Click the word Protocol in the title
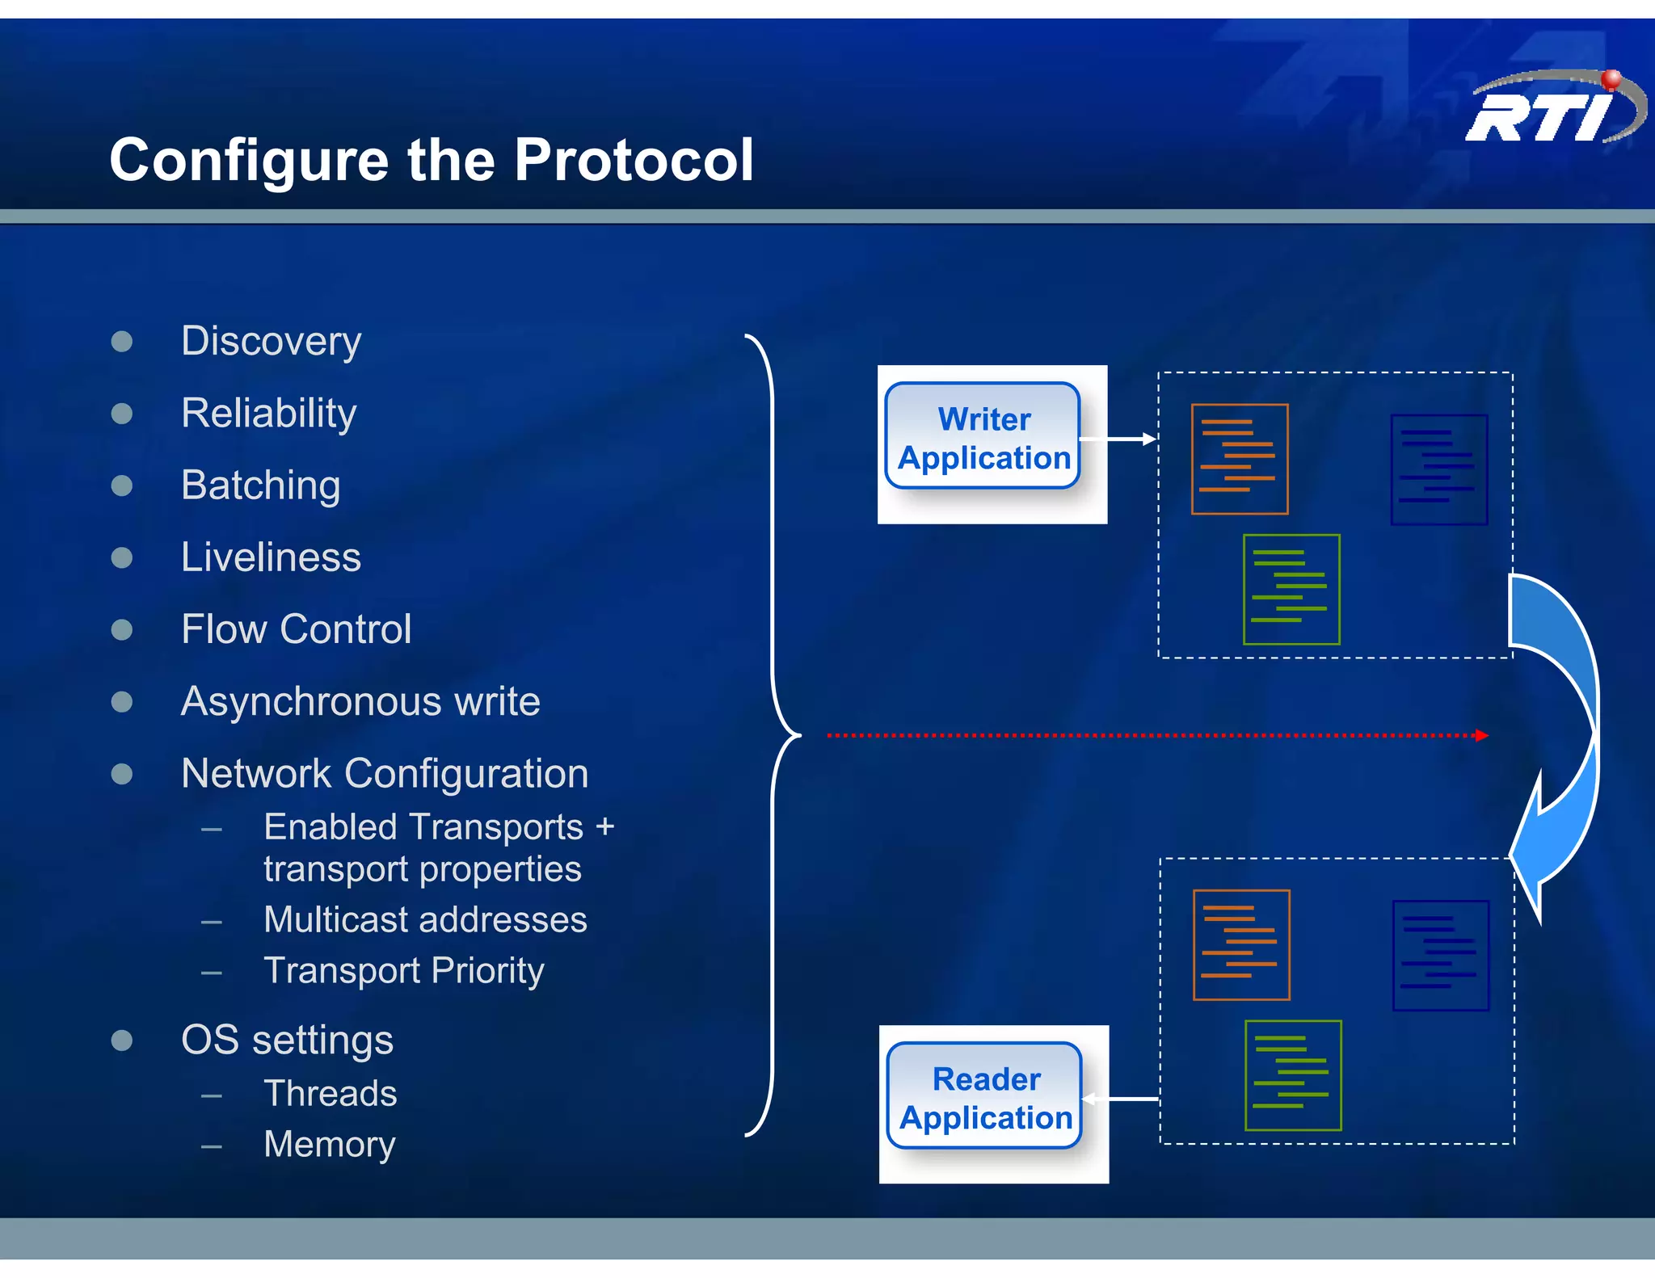click(x=634, y=160)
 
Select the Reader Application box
click(x=984, y=1097)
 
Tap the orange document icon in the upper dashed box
click(x=1239, y=459)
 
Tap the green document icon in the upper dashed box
click(x=1291, y=590)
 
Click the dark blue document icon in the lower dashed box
click(x=1440, y=955)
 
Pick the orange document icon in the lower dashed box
click(x=1240, y=945)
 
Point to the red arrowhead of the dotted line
click(x=1480, y=735)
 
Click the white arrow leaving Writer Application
click(x=1118, y=439)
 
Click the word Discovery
click(x=271, y=341)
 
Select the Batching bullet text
click(x=260, y=486)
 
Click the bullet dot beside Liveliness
click(x=122, y=557)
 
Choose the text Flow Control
click(x=296, y=629)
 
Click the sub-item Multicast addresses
click(x=425, y=920)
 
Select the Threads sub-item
click(x=330, y=1094)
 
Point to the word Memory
click(x=329, y=1145)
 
